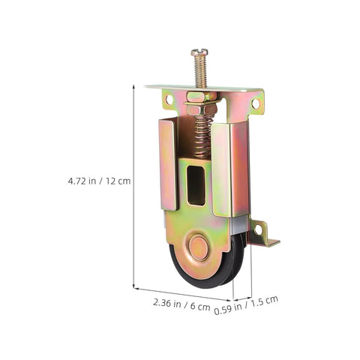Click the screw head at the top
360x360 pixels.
199,52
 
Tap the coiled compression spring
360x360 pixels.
202,137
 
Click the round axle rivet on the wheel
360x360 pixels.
199,247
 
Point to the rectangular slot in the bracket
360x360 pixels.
196,185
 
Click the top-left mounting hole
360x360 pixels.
169,100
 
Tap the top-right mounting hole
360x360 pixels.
256,103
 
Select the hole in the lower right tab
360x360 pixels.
259,230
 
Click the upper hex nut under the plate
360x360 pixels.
198,97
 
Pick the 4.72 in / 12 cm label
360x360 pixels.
99,181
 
